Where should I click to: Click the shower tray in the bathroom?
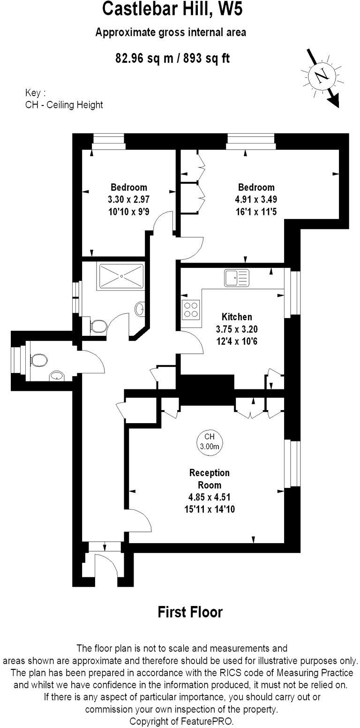(x=120, y=275)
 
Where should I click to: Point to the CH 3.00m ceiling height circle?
(x=209, y=442)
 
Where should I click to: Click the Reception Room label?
(x=210, y=478)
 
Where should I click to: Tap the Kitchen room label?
(x=237, y=317)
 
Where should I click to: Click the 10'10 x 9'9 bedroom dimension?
(x=128, y=211)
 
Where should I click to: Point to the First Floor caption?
(x=190, y=612)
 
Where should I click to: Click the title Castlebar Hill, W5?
(x=173, y=9)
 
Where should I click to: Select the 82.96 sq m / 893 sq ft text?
(x=172, y=58)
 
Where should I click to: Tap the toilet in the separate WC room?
(x=39, y=360)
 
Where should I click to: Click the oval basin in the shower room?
(x=139, y=308)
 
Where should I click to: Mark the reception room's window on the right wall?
(x=294, y=463)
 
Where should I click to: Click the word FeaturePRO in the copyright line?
(x=208, y=720)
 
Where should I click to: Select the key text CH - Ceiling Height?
(x=64, y=105)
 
